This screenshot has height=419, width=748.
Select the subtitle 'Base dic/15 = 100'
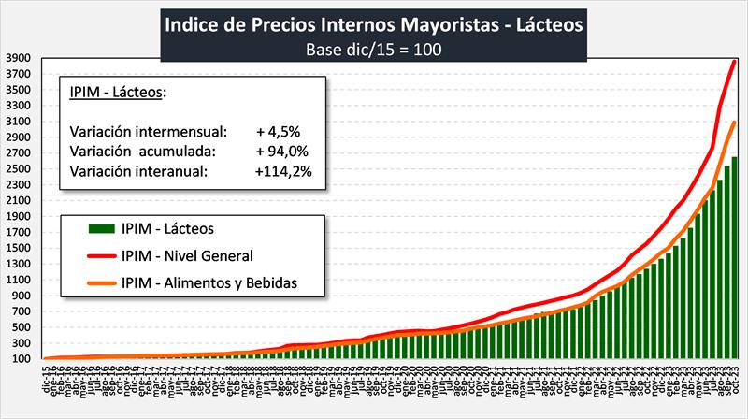pos(374,49)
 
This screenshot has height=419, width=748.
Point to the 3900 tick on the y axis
pos(21,58)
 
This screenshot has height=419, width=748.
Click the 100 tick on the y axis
pos(23,359)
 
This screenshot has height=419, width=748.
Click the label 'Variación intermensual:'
pos(148,130)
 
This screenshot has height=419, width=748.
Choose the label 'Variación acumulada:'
pos(143,151)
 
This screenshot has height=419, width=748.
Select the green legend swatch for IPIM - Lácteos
pos(102,227)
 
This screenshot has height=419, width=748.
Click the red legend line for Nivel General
pos(102,254)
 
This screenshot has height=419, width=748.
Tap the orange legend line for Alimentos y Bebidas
pos(102,282)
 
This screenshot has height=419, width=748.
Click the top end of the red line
pos(735,62)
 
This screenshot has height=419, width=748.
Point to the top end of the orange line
pos(735,123)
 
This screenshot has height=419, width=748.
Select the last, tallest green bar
pos(735,257)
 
